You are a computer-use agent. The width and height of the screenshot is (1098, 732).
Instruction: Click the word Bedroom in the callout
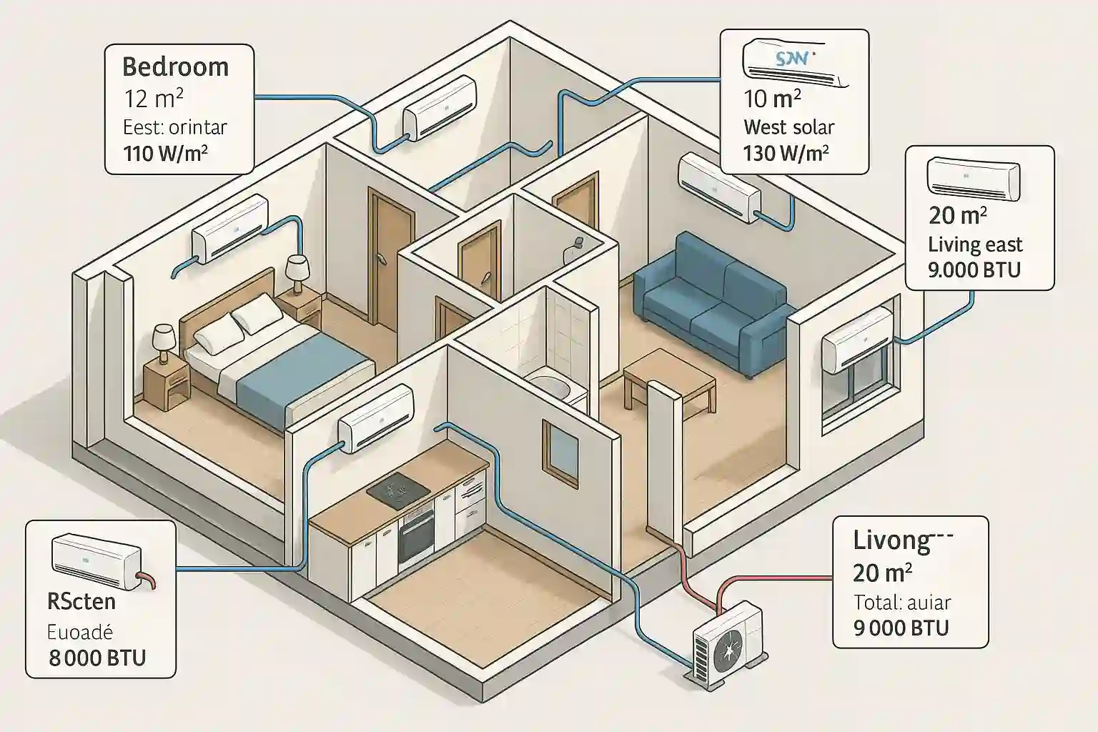click(x=176, y=66)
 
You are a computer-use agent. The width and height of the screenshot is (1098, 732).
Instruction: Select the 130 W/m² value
click(x=786, y=153)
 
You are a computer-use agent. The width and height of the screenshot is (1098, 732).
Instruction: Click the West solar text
click(x=788, y=127)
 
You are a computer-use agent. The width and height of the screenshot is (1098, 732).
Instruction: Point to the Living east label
click(x=975, y=244)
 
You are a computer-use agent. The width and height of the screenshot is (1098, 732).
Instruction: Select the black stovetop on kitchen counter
click(x=398, y=490)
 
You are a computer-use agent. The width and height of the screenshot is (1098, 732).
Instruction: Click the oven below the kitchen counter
click(x=415, y=533)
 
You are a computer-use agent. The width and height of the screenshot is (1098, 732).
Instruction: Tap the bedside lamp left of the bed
click(x=164, y=341)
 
